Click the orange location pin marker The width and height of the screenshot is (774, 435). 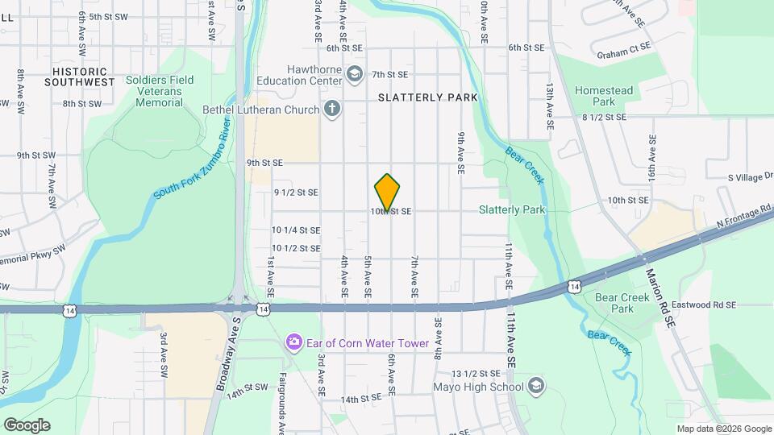(388, 193)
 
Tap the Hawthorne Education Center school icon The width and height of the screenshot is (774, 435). (354, 75)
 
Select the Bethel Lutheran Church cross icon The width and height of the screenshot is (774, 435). (331, 109)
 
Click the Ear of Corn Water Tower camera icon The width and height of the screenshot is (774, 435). (294, 343)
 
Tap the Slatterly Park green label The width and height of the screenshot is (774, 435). (512, 210)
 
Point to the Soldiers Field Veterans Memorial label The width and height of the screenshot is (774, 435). (160, 92)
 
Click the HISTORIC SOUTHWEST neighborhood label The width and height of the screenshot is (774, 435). (79, 77)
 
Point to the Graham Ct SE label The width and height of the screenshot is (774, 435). (623, 55)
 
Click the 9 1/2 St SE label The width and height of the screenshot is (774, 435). (296, 193)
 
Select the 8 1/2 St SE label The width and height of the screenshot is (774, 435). (604, 118)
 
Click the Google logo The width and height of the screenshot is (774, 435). (27, 425)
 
